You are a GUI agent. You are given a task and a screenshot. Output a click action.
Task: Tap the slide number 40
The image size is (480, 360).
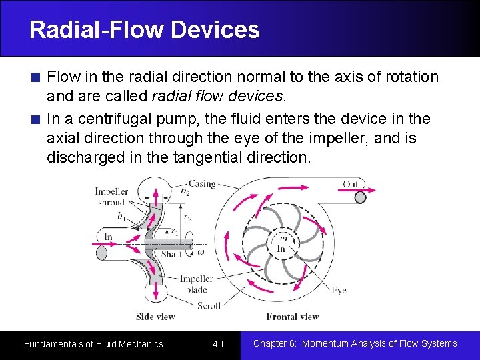(217, 344)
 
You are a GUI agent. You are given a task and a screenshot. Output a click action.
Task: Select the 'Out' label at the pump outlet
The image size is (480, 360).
(350, 185)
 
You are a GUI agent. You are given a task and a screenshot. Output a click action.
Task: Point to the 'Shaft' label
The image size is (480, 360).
(171, 254)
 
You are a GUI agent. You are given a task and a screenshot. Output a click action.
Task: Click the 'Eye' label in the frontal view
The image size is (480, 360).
(339, 291)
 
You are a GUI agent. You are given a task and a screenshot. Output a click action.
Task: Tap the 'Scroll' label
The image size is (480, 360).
(209, 305)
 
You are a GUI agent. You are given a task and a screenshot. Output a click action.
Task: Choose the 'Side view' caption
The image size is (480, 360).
(155, 317)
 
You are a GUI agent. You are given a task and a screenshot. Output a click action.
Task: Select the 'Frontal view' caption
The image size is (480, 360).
(293, 317)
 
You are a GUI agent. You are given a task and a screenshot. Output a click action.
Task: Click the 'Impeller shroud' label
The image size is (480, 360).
(111, 197)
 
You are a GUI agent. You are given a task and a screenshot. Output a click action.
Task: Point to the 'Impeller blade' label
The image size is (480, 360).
(196, 284)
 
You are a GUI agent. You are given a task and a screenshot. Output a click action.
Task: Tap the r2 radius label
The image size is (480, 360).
(188, 219)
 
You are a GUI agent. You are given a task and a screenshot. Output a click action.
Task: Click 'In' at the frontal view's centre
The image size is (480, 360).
(281, 249)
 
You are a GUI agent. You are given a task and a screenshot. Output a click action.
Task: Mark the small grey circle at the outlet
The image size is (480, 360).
(360, 197)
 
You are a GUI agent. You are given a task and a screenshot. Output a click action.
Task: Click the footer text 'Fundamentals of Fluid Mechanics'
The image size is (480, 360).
(93, 344)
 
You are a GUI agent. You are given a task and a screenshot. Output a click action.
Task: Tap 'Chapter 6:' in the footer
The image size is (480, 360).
(275, 344)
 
